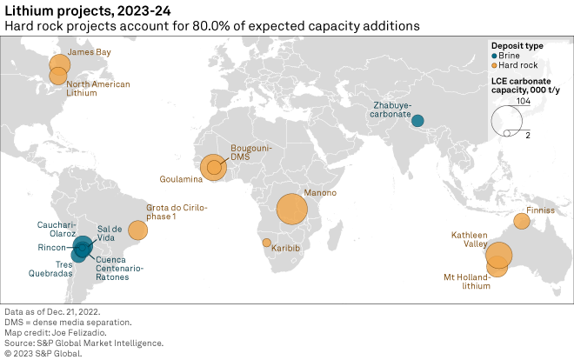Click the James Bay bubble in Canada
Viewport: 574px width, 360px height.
(x=59, y=63)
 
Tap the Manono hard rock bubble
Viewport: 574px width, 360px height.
(x=292, y=209)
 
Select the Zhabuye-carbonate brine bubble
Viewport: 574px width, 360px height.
(x=417, y=121)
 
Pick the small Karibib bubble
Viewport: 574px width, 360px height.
(x=266, y=243)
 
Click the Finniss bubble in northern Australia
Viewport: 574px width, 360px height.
(x=522, y=221)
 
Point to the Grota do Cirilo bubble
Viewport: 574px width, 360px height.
(x=137, y=230)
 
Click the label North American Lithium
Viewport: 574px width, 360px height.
(x=99, y=89)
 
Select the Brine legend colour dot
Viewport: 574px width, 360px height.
(x=495, y=55)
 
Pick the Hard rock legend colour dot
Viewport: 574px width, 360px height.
(x=495, y=65)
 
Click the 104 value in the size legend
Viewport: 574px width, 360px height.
(x=522, y=102)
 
